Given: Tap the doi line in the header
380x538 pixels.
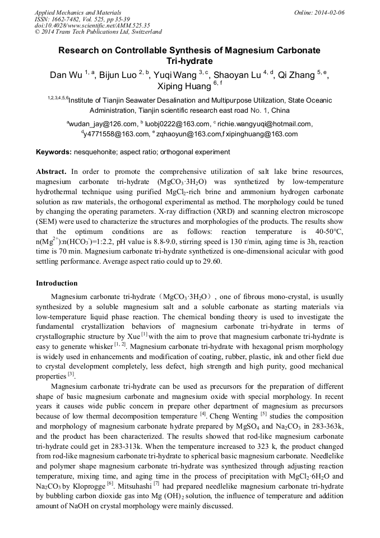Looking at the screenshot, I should (84, 25).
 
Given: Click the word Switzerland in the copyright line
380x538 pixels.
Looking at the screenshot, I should (143, 32).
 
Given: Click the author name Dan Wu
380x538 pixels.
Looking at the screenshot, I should (66, 75).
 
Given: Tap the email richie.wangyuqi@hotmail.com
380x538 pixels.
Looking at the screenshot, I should (263, 124).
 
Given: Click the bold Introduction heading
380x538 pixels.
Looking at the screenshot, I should (57, 283).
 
